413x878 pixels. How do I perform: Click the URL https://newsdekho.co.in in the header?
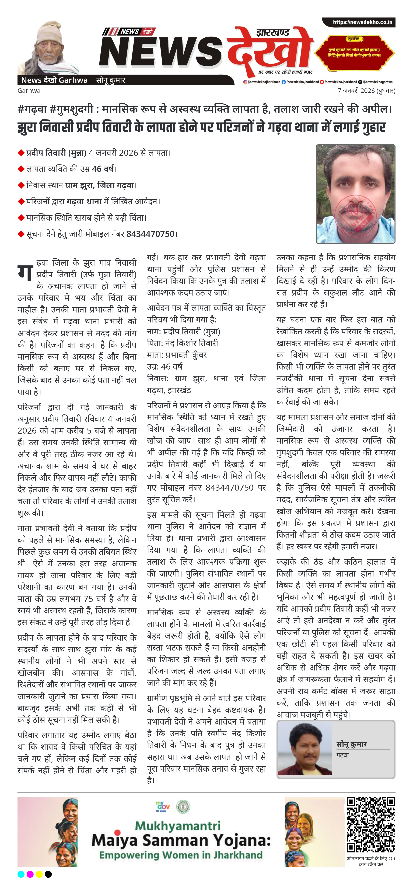pyautogui.click(x=362, y=22)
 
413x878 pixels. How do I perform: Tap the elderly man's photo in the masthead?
pyautogui.click(x=48, y=48)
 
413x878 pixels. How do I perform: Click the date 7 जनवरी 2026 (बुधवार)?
pyautogui.click(x=366, y=91)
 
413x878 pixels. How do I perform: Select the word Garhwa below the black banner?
pyautogui.click(x=29, y=91)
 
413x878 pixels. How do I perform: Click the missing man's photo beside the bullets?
pyautogui.click(x=355, y=194)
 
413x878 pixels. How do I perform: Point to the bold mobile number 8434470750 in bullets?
pyautogui.click(x=150, y=234)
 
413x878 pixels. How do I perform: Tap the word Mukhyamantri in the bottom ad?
pyautogui.click(x=177, y=826)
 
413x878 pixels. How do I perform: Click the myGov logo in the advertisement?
pyautogui.click(x=163, y=807)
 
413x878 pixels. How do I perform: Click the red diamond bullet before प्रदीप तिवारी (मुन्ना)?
pyautogui.click(x=21, y=153)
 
